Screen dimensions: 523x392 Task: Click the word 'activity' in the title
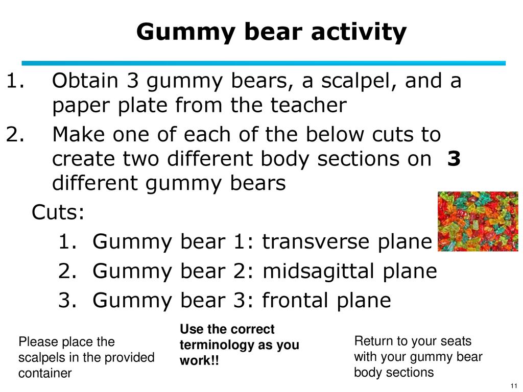[x=359, y=32]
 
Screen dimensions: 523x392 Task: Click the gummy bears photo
[x=478, y=222]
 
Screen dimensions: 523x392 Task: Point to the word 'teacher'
[x=308, y=105]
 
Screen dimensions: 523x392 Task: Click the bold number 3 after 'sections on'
[x=454, y=158]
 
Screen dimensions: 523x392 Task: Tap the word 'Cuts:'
[x=58, y=212]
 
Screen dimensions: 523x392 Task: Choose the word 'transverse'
[x=347, y=241]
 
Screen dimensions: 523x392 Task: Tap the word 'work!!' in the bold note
[x=199, y=360]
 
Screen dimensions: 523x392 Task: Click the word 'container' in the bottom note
[x=45, y=373]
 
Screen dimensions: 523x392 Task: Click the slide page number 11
[x=514, y=386]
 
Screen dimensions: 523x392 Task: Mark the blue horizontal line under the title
[x=264, y=63]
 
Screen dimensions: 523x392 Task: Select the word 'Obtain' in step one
[x=85, y=81]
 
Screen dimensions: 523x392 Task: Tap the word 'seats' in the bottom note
[x=456, y=341]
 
